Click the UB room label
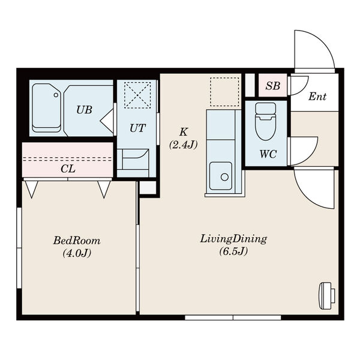[x=84, y=110]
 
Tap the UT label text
[x=137, y=128]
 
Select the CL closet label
[x=68, y=169]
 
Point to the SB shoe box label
[x=273, y=86]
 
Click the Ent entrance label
[x=317, y=97]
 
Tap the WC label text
[x=268, y=154]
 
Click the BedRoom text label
[x=77, y=241]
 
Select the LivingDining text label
[x=233, y=239]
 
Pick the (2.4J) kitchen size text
[x=183, y=145]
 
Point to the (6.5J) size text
[x=233, y=251]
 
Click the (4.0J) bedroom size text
[x=77, y=253]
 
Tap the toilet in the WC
[x=266, y=121]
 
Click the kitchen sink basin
[x=221, y=176]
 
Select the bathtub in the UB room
[x=47, y=108]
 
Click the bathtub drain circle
[x=56, y=95]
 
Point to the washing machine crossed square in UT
[x=137, y=95]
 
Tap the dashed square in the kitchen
[x=224, y=92]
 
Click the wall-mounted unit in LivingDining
[x=327, y=293]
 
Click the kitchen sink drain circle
[x=224, y=177]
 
